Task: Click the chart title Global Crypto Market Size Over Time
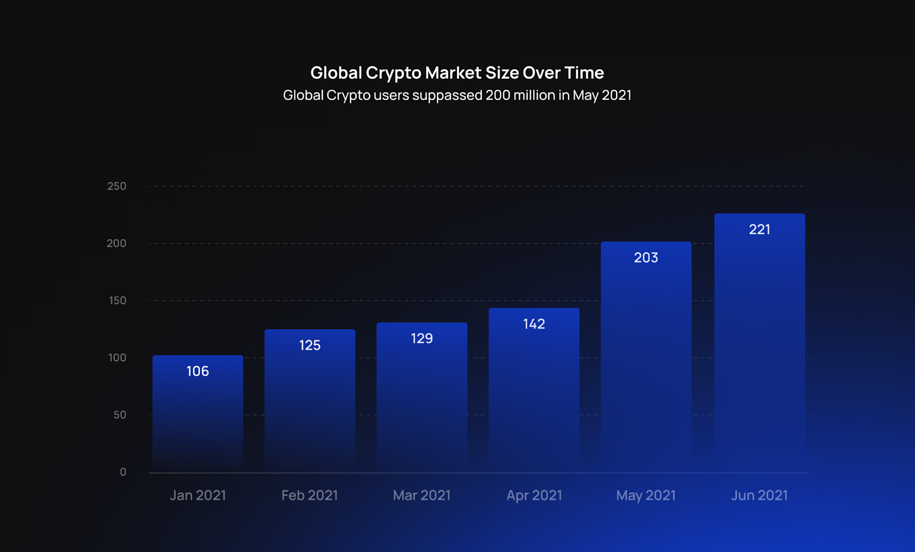tap(457, 73)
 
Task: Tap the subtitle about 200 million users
tap(457, 95)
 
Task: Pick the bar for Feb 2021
tap(309, 406)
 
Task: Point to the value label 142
tap(534, 324)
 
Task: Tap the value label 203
tap(646, 258)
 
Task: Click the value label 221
tap(759, 230)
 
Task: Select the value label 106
tap(198, 371)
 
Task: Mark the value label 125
tap(309, 345)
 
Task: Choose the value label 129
tap(421, 338)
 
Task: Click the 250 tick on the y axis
tap(117, 186)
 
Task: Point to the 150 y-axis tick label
tap(117, 301)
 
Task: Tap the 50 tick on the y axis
tap(120, 415)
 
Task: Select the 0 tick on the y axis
tap(123, 472)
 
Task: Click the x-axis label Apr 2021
tap(534, 495)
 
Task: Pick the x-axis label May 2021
tap(646, 495)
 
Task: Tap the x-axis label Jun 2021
tap(759, 495)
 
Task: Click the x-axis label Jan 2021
tap(198, 495)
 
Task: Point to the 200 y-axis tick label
tap(117, 243)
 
